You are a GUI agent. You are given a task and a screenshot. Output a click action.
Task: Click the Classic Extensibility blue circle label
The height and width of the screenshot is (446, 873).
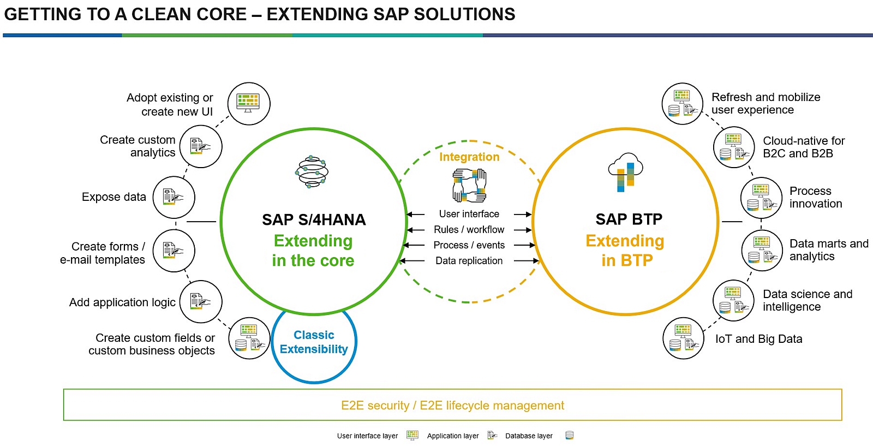point(314,342)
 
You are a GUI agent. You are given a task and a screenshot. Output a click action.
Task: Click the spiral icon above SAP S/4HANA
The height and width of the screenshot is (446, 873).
point(312,171)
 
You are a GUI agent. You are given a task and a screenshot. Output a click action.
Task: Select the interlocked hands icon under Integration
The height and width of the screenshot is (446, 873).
point(469,186)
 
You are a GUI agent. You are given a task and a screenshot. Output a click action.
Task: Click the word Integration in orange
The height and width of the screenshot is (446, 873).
point(469,157)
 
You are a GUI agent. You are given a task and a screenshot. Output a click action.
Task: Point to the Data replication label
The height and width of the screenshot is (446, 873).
point(469,261)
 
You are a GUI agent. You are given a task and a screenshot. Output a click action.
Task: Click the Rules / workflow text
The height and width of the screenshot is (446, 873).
point(469,230)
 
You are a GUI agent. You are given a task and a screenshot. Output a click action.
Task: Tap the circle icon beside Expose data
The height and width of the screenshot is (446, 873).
point(174,197)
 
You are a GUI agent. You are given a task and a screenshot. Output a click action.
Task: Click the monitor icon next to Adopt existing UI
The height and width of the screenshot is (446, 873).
point(249,103)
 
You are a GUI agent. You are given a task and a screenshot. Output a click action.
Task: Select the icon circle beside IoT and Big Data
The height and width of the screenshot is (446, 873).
point(683,338)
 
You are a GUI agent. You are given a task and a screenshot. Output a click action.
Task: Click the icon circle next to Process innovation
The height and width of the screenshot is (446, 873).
point(761,198)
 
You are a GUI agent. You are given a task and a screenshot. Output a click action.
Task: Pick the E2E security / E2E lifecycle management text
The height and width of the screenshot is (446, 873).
point(452,406)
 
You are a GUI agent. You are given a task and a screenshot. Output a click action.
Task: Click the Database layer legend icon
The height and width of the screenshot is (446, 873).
point(569,435)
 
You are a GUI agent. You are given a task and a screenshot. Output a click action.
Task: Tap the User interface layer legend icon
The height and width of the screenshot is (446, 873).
point(412,435)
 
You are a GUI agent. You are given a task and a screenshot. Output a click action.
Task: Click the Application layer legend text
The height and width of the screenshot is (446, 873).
point(452,436)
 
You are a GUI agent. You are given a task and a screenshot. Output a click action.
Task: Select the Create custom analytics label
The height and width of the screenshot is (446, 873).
point(137,146)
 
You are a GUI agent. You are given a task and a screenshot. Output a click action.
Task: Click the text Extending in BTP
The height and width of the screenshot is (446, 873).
point(625,251)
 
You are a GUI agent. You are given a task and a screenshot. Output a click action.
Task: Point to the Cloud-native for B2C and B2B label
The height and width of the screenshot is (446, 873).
point(803,147)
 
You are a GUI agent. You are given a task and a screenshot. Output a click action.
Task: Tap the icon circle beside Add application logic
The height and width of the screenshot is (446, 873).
point(200,301)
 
